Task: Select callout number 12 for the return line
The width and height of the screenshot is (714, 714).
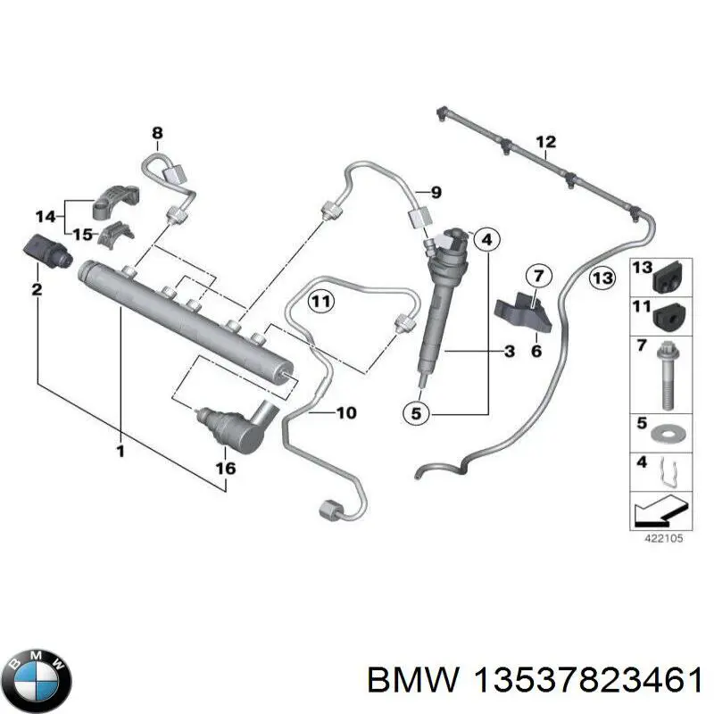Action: pyautogui.click(x=545, y=142)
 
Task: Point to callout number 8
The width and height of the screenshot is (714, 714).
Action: pyautogui.click(x=157, y=135)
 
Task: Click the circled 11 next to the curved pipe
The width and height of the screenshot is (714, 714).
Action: pyautogui.click(x=321, y=302)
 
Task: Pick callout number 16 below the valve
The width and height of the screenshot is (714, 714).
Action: pyautogui.click(x=226, y=468)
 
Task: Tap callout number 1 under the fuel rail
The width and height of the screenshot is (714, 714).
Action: pyautogui.click(x=120, y=452)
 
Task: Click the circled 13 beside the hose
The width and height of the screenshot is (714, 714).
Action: pyautogui.click(x=603, y=278)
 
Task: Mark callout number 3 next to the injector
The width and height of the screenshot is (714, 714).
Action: pyautogui.click(x=509, y=352)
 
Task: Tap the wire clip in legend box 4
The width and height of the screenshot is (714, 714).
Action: pyautogui.click(x=667, y=472)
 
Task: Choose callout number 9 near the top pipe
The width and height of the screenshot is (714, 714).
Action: pyautogui.click(x=436, y=192)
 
